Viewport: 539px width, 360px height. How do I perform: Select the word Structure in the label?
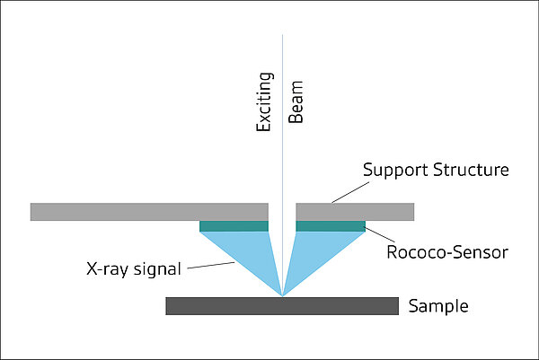(473, 170)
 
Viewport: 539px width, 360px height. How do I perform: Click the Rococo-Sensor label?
(446, 253)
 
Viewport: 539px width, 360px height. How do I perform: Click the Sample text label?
(438, 306)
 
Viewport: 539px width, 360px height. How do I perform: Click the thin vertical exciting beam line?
(282, 135)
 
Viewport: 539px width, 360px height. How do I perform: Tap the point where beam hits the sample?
(282, 296)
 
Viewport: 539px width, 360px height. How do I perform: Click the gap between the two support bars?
(282, 212)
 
